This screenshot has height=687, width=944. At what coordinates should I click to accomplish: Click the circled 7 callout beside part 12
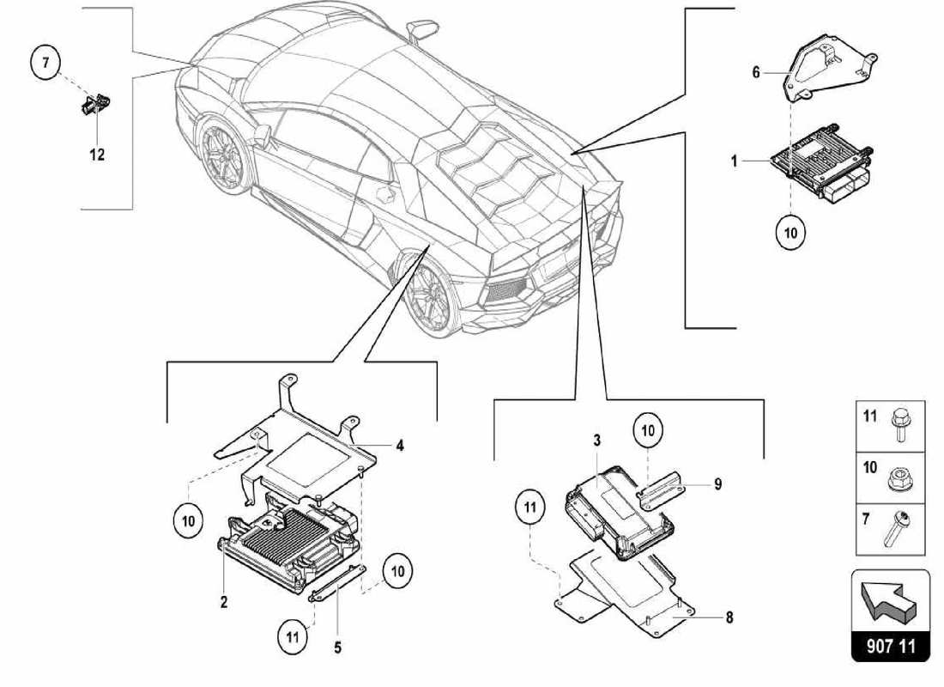tap(45, 62)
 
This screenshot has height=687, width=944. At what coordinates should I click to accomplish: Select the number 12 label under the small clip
tap(97, 155)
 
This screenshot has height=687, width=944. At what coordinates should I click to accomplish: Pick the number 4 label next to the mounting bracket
tap(400, 446)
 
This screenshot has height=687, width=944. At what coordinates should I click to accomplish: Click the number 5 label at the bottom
tap(337, 648)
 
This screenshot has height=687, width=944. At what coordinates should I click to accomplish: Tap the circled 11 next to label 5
tap(293, 636)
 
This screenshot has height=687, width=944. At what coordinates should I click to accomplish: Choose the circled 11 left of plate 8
tap(531, 508)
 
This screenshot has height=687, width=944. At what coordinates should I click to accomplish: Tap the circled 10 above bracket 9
tap(649, 432)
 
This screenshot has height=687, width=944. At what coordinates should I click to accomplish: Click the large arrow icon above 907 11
tap(891, 599)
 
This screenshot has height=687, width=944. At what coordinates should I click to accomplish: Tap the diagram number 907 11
tap(891, 646)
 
